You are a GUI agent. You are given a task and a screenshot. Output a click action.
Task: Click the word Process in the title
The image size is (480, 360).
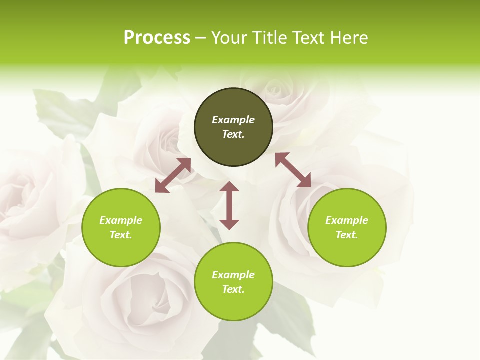pyautogui.click(x=157, y=38)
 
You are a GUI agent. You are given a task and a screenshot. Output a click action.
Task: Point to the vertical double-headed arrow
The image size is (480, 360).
pyautogui.click(x=229, y=205)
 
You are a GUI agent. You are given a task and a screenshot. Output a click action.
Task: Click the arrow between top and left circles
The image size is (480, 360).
pyautogui.click(x=173, y=175)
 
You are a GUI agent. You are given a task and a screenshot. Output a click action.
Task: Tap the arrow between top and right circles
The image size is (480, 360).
pyautogui.click(x=293, y=170)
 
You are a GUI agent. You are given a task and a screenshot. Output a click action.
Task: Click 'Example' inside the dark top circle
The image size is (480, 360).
pyautogui.click(x=233, y=120)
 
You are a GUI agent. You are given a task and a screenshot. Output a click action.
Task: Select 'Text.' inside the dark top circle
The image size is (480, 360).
pyautogui.click(x=233, y=134)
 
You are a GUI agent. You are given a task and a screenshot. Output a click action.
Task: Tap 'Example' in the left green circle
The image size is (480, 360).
pyautogui.click(x=121, y=220)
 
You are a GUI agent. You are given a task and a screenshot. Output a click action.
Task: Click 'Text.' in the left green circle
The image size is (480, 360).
pyautogui.click(x=121, y=235)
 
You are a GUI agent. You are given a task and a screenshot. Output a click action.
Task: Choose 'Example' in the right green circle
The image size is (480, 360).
pyautogui.click(x=347, y=220)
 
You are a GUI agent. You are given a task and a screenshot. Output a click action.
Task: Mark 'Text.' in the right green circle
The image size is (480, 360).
pyautogui.click(x=347, y=235)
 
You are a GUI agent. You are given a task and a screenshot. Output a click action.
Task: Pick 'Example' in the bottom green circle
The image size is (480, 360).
pyautogui.click(x=233, y=275)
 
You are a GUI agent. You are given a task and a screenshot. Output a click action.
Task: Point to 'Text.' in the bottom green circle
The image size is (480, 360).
pyautogui.click(x=233, y=289)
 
